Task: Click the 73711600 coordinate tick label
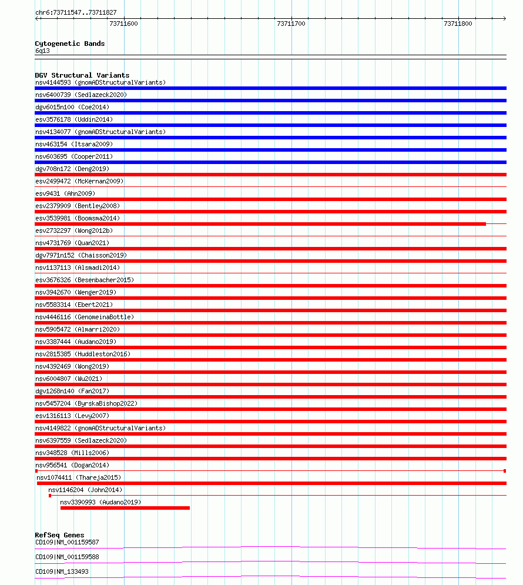pyautogui.click(x=124, y=24)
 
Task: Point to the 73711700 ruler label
pyautogui.click(x=291, y=24)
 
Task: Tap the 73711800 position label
pyautogui.click(x=458, y=24)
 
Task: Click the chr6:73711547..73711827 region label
pyautogui.click(x=76, y=12)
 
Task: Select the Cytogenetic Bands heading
pyautogui.click(x=70, y=44)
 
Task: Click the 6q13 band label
pyautogui.click(x=42, y=51)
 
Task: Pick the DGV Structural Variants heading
pyautogui.click(x=82, y=75)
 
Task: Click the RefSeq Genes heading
pyautogui.click(x=59, y=535)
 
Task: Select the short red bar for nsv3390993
pyautogui.click(x=125, y=507)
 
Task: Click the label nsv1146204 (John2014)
pyautogui.click(x=85, y=490)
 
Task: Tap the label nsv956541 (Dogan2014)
pyautogui.click(x=72, y=465)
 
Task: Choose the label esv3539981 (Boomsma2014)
pyautogui.click(x=78, y=218)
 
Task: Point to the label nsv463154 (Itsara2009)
pyautogui.click(x=74, y=144)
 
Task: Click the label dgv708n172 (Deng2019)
pyautogui.click(x=72, y=169)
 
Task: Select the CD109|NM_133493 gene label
pyautogui.click(x=62, y=571)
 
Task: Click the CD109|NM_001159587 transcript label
pyautogui.click(x=67, y=542)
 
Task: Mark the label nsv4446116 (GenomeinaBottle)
pyautogui.click(x=85, y=317)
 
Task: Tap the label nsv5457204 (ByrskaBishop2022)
pyautogui.click(x=86, y=403)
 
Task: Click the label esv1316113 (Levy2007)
pyautogui.click(x=72, y=416)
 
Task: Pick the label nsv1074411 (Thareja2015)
pyautogui.click(x=79, y=477)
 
